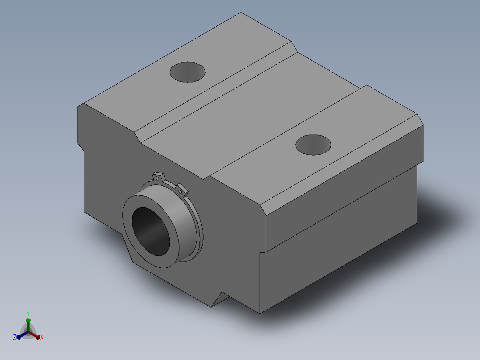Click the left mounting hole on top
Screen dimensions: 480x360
point(187,72)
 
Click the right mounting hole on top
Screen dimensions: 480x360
point(313,145)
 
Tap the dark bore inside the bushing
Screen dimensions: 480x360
point(151,231)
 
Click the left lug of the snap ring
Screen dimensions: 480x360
point(158,177)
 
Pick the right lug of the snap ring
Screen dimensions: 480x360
point(182,190)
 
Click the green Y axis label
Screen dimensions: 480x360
point(28,314)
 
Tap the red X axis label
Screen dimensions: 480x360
point(42,337)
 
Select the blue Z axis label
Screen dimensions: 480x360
point(15,337)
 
